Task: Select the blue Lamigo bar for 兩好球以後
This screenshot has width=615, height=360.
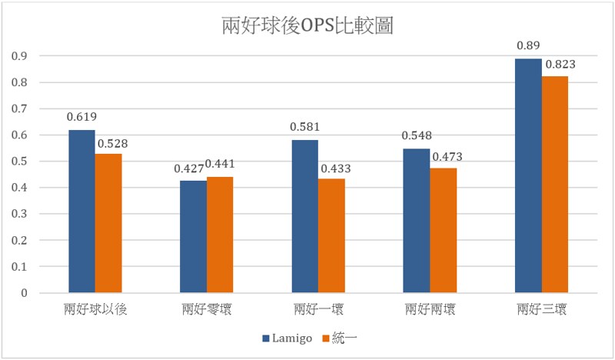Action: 82,212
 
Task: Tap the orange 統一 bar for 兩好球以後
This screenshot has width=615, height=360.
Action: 108,223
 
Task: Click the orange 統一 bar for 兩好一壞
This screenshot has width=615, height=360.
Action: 331,236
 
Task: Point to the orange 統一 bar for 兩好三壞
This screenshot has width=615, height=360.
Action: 554,185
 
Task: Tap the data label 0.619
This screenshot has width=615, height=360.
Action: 82,118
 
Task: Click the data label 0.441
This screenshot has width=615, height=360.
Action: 220,165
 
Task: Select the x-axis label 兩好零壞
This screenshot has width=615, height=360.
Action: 206,310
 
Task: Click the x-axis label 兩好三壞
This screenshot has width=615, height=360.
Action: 541,310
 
